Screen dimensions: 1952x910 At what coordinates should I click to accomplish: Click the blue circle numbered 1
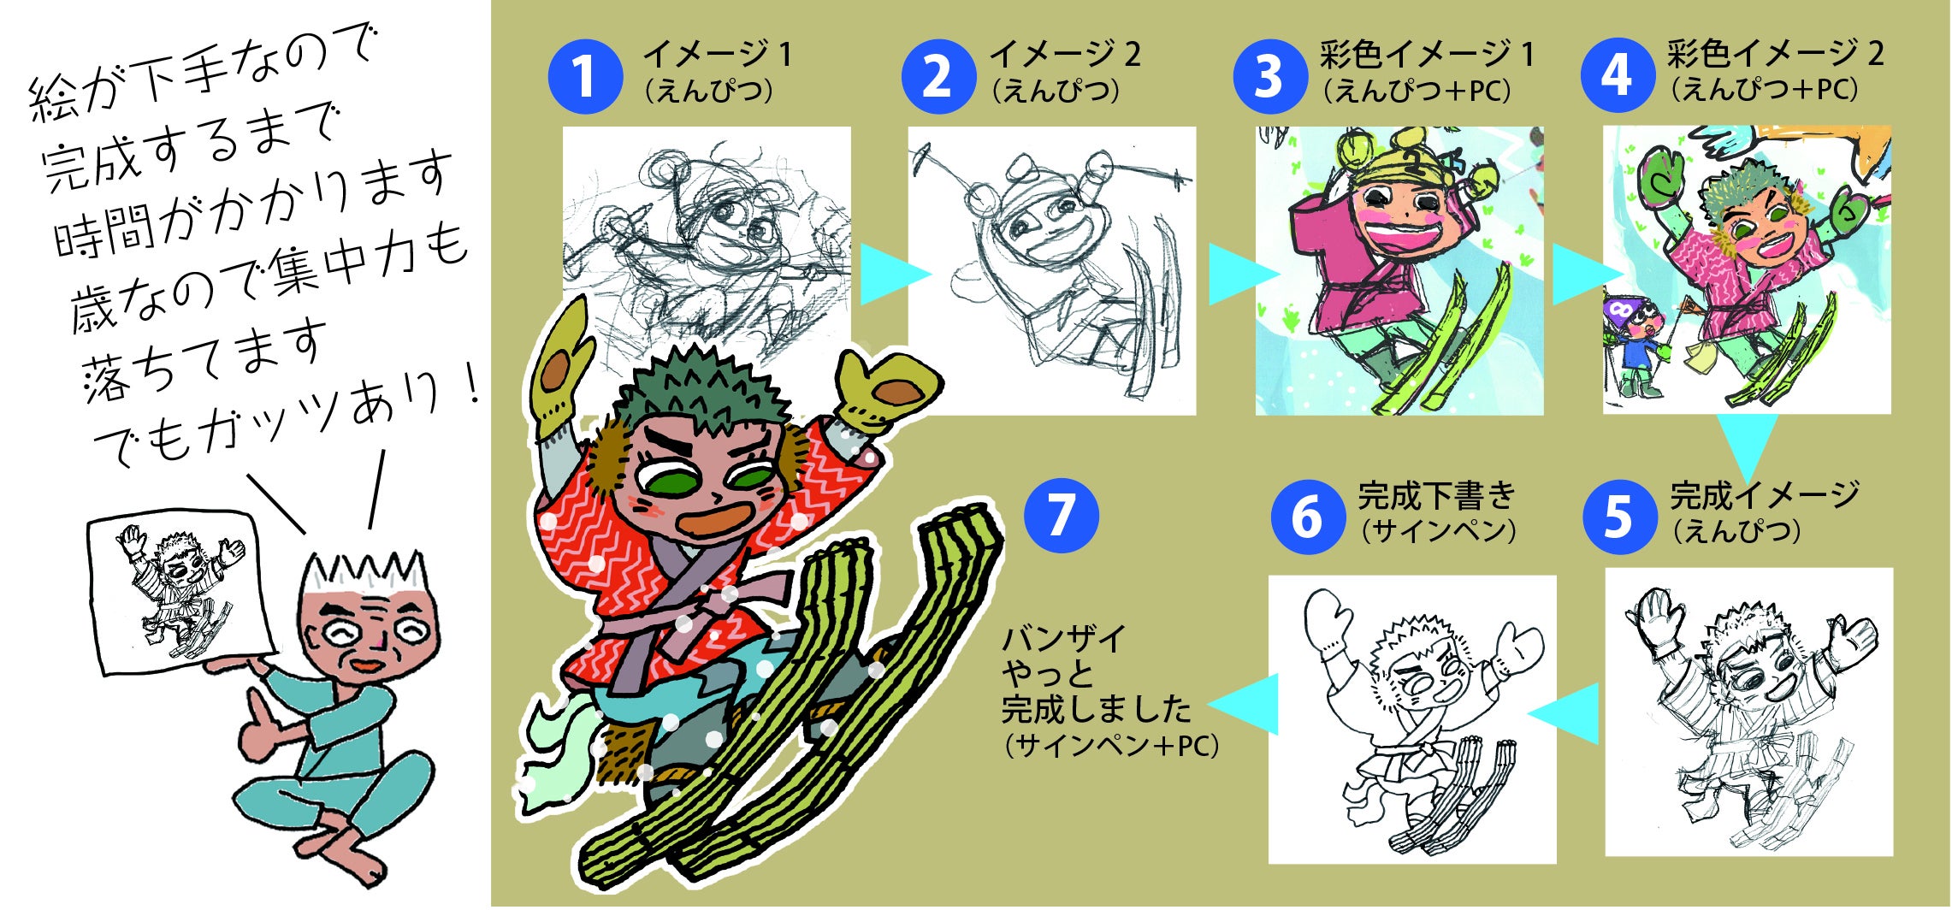585,76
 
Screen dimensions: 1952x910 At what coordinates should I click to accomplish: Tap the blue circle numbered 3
1269,76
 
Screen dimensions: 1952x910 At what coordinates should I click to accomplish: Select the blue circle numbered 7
1061,516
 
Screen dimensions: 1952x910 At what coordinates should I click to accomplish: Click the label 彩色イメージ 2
1774,54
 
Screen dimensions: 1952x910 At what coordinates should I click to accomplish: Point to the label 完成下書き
1436,495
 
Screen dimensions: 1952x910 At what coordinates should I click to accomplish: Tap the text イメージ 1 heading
718,55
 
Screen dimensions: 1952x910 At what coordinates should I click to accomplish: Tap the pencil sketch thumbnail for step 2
1051,271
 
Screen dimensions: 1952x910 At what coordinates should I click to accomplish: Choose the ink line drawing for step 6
1412,719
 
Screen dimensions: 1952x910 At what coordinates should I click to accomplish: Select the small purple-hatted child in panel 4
1637,346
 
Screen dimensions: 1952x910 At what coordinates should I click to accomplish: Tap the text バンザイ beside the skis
1063,639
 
